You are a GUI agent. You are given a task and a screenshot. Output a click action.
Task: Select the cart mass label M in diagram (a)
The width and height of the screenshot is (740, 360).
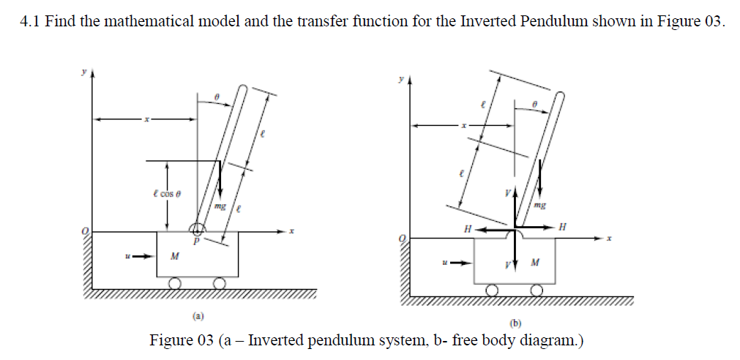(x=174, y=256)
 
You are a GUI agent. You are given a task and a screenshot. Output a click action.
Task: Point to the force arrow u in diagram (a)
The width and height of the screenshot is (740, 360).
(x=143, y=256)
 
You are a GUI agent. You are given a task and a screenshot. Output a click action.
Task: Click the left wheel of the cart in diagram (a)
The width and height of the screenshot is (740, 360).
(x=175, y=283)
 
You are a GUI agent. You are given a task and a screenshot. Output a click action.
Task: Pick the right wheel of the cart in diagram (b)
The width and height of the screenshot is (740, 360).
(x=537, y=290)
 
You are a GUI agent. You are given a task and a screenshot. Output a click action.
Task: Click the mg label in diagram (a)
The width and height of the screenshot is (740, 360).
(x=219, y=206)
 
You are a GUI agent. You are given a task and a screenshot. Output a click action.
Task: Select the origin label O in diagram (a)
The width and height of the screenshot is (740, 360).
(x=86, y=232)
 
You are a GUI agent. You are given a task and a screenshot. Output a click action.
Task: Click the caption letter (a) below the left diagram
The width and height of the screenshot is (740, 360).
(x=198, y=316)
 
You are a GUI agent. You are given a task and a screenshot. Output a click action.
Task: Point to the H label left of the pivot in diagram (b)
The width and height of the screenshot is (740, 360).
(x=467, y=229)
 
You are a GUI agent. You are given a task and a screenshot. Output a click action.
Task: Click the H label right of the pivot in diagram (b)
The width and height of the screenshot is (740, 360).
(x=562, y=227)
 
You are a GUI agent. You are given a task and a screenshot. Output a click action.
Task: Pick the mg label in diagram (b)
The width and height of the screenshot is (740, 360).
(x=540, y=207)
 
